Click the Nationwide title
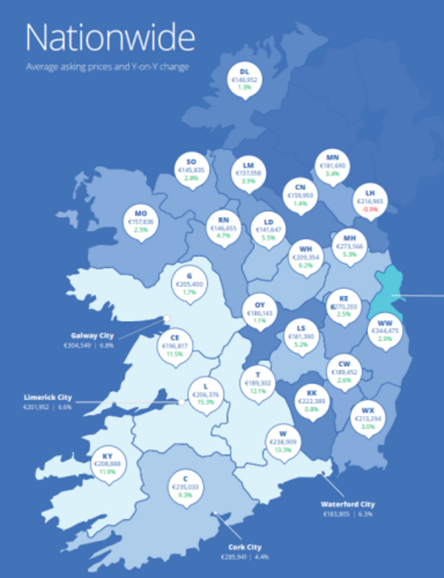[x=109, y=38]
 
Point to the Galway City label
[x=92, y=335]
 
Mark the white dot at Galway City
[x=166, y=318]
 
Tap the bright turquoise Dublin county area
[x=387, y=294]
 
